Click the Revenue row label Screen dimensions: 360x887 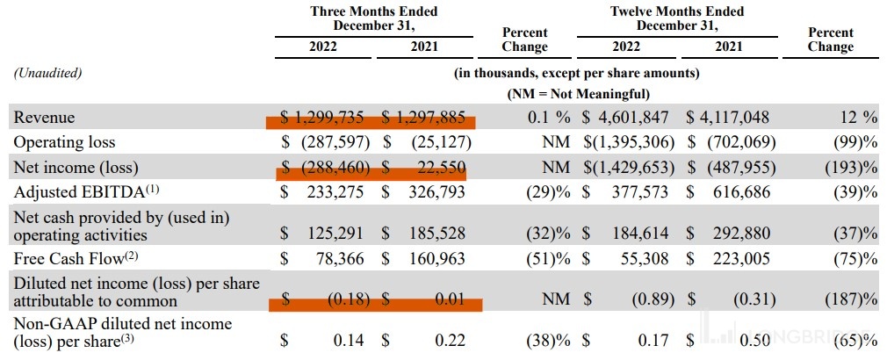43,118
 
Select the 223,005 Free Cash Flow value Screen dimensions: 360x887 739,258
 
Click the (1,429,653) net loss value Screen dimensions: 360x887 628,165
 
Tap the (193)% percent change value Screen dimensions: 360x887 849,165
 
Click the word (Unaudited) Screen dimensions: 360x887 47,73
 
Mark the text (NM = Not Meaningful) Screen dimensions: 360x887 577,92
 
